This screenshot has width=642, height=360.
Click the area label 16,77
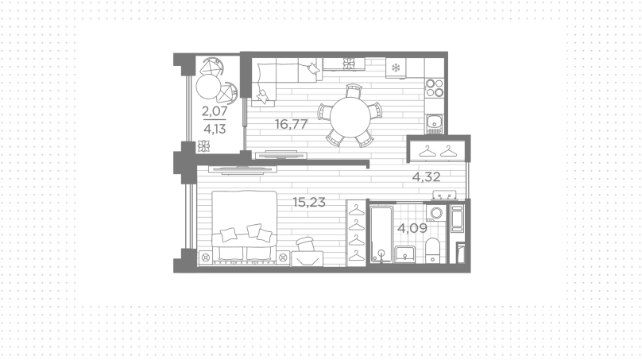tap(291, 124)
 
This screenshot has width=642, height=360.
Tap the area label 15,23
tap(309, 202)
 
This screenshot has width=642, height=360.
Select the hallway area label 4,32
tap(426, 177)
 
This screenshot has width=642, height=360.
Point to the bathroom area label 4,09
tap(412, 228)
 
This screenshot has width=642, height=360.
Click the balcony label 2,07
tap(215, 110)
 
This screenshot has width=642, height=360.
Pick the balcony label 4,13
tap(215, 129)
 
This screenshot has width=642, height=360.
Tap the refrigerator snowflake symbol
tap(396, 68)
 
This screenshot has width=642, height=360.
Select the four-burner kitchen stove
tap(435, 87)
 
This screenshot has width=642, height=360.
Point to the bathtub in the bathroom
tap(381, 234)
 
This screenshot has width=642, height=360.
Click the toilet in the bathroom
tap(432, 250)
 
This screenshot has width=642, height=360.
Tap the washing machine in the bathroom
tap(435, 214)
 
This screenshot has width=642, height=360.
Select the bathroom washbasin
tap(405, 254)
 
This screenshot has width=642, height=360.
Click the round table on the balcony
tap(208, 87)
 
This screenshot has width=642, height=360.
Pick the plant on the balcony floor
tap(203, 145)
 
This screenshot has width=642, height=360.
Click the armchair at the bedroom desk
tap(305, 245)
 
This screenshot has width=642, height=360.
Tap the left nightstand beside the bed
tap(206, 257)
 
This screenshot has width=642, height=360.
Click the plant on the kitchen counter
tap(349, 64)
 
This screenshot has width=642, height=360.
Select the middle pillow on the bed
tap(253, 230)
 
